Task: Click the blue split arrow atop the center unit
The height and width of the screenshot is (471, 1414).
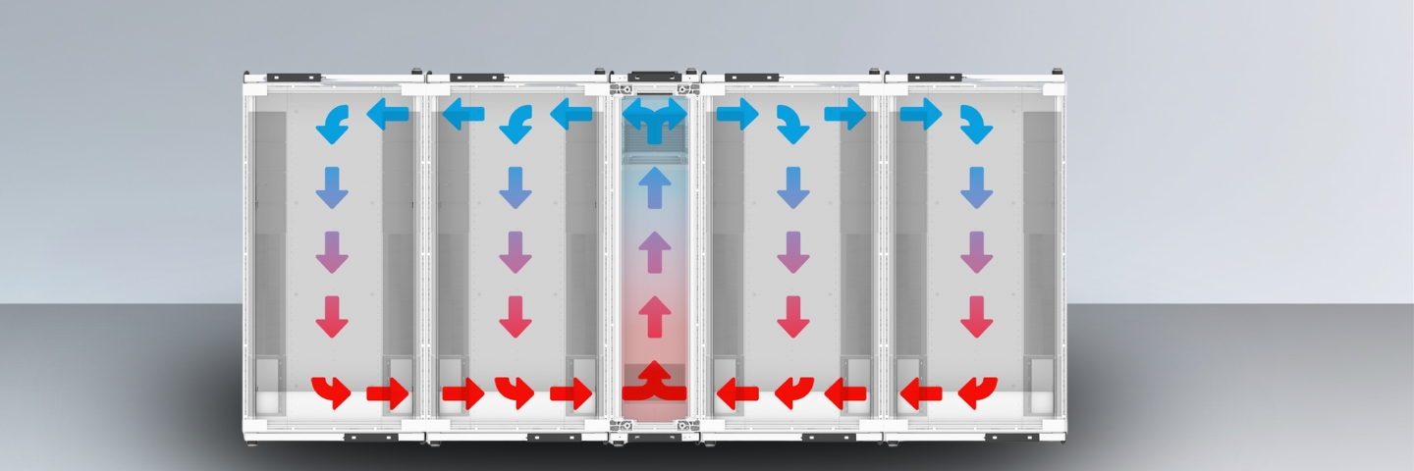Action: (655, 117)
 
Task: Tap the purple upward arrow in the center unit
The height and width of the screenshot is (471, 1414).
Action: (655, 252)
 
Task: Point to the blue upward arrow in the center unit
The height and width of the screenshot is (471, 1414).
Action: (655, 186)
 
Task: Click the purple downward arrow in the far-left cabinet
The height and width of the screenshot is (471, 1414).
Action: (332, 252)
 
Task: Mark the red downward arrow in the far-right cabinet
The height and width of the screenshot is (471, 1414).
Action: (976, 317)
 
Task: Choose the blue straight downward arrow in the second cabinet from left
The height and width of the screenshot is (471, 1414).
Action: (516, 186)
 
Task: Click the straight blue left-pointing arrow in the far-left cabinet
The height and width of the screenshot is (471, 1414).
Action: (388, 115)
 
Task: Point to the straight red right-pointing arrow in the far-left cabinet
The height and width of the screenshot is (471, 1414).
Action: (388, 394)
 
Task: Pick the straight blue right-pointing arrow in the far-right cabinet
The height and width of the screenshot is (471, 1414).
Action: (920, 115)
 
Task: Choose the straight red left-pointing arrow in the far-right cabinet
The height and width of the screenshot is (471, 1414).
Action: (921, 394)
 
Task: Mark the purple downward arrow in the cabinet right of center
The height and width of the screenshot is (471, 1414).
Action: (792, 252)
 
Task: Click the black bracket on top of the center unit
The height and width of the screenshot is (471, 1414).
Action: (654, 75)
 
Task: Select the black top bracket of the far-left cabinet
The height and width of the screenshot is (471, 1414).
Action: (294, 77)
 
